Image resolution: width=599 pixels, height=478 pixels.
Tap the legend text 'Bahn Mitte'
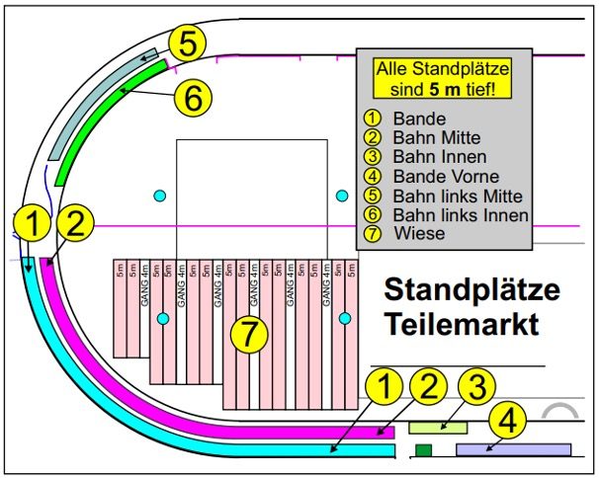424,136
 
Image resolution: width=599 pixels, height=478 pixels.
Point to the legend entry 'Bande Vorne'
433,175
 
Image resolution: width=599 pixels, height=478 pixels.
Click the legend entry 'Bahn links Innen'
454,214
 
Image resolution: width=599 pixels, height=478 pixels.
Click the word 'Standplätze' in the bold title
471,292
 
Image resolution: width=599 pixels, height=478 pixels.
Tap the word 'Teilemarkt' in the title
462,325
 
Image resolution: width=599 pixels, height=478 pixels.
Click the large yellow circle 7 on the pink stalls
249,334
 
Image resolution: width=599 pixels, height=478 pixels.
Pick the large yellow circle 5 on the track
187,44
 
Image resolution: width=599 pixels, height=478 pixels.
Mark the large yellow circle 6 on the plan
194,97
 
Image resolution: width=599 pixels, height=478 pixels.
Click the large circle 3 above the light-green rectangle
476,388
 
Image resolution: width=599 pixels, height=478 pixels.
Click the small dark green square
424,450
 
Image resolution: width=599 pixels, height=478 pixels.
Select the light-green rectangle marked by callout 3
438,427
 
